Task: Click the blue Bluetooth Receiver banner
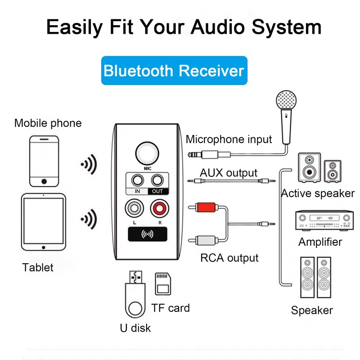[174, 71]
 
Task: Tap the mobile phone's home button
[44, 181]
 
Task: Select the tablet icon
[44, 223]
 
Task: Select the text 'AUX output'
[229, 173]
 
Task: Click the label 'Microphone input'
[229, 139]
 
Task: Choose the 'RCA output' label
[229, 258]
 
